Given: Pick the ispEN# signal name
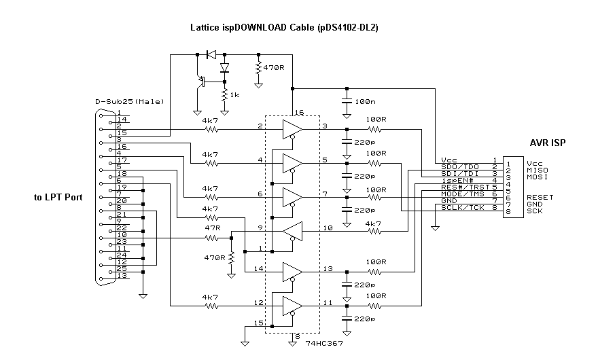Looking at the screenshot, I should [x=457, y=179].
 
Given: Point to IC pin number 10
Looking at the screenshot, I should [x=328, y=228].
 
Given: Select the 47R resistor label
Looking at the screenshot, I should [x=210, y=230].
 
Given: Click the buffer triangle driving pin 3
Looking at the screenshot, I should [x=292, y=129].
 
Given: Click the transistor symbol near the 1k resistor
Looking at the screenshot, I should [x=202, y=80].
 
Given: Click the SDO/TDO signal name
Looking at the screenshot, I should [x=460, y=166].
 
